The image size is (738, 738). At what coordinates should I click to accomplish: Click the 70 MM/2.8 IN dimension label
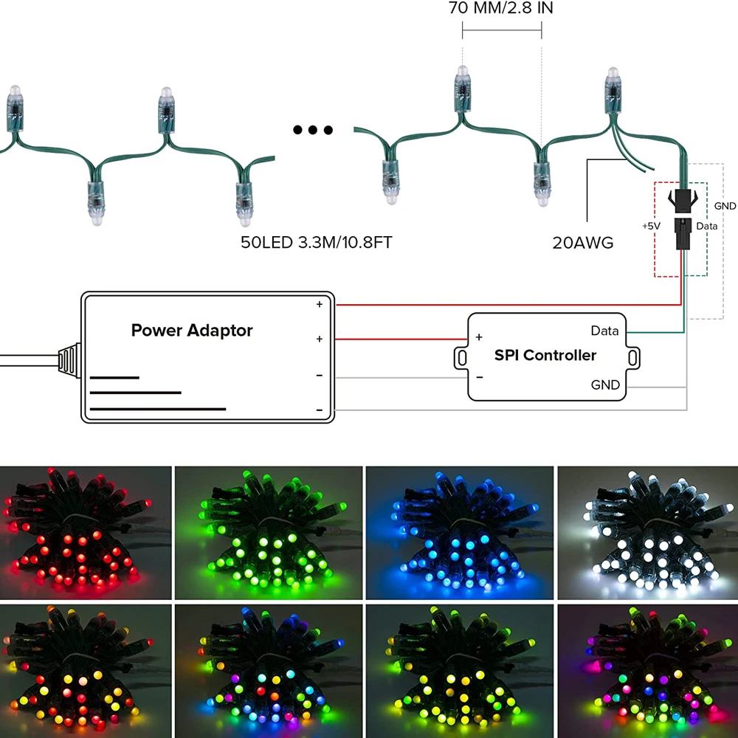tap(501, 10)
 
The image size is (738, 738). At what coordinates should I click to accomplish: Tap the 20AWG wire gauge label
tap(583, 242)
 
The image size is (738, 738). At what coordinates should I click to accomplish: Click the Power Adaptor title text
tap(192, 330)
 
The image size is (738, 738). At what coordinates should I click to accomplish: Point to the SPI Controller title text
tap(545, 355)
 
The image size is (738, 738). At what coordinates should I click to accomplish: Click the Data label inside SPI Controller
tap(604, 331)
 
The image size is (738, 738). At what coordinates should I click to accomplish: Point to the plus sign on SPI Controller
tap(479, 337)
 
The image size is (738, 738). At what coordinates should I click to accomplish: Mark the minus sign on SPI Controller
tap(479, 377)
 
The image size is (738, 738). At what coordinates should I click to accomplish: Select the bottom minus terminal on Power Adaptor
tap(320, 410)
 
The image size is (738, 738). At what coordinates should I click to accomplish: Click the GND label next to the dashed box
tap(725, 206)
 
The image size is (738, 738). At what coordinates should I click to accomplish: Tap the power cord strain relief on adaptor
tap(68, 359)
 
